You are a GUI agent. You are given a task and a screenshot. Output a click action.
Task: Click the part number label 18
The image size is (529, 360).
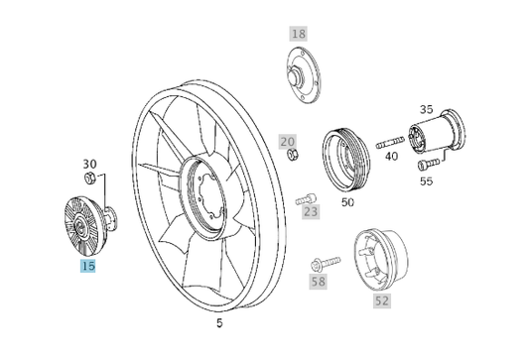[299, 34]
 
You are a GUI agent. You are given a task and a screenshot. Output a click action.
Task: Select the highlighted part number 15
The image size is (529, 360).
[87, 266]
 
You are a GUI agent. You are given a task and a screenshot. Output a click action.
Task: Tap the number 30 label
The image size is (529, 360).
[89, 164]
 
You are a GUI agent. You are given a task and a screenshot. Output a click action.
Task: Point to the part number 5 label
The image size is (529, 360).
[219, 322]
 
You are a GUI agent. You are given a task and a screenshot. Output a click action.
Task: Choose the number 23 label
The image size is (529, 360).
[312, 211]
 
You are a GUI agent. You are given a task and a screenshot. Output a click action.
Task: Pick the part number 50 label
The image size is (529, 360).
[347, 202]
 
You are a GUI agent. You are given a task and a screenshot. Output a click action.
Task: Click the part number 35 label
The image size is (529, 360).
[426, 109]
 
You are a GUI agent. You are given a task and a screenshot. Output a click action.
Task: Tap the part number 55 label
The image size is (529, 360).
[426, 181]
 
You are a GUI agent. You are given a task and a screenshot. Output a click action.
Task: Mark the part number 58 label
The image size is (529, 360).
[318, 283]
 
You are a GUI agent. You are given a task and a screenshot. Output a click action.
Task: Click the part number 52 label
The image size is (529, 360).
[380, 300]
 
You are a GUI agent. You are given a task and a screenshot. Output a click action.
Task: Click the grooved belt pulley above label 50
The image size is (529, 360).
[344, 158]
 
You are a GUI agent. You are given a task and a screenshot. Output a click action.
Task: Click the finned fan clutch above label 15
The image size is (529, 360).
[78, 220]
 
